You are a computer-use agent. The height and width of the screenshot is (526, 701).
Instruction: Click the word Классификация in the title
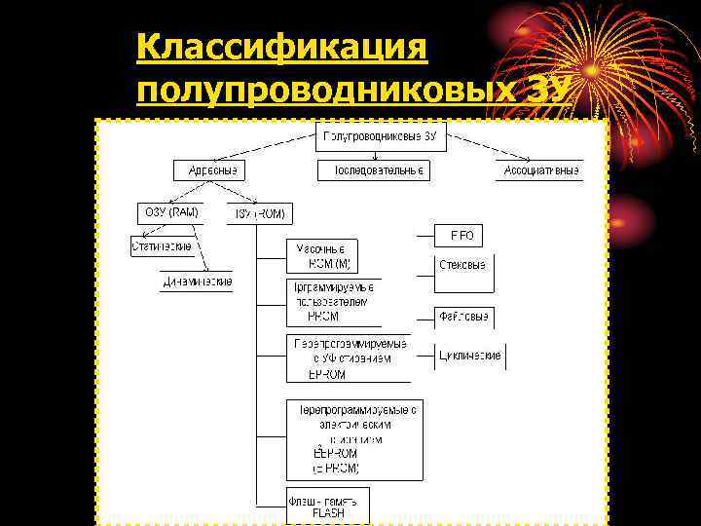pyautogui.click(x=283, y=46)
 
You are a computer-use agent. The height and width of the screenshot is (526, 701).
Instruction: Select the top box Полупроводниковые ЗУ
pyautogui.click(x=379, y=136)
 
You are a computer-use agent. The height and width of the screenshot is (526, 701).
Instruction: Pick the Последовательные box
pyautogui.click(x=374, y=170)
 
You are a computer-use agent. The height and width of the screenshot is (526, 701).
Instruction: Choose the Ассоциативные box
pyautogui.click(x=540, y=170)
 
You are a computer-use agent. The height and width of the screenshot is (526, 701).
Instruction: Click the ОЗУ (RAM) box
pyautogui.click(x=169, y=213)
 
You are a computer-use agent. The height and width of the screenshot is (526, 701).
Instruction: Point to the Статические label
pyautogui.click(x=162, y=246)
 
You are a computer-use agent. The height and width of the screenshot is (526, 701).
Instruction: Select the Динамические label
pyautogui.click(x=198, y=282)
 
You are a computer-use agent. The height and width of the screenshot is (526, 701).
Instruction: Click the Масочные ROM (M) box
pyautogui.click(x=320, y=256)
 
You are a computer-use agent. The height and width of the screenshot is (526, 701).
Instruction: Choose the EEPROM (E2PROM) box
pyautogui.click(x=355, y=438)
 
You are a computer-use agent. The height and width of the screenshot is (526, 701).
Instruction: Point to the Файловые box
pyautogui.click(x=463, y=317)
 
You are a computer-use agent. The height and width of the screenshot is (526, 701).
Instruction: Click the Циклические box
pyautogui.click(x=470, y=356)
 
